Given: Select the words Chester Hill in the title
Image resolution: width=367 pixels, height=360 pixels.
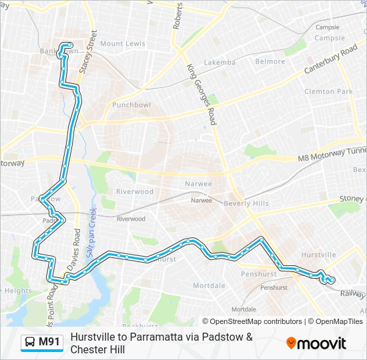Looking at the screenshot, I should (97, 349).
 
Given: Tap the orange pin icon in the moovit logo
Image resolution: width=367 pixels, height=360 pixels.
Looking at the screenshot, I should (291, 343).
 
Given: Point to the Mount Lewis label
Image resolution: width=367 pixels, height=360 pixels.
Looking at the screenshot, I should (122, 44).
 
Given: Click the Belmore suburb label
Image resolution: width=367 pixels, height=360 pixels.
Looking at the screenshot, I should (270, 61).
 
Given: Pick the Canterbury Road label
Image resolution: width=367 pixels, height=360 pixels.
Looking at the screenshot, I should (332, 61).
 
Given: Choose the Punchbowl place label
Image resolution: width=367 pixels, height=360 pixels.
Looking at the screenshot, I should (131, 105).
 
